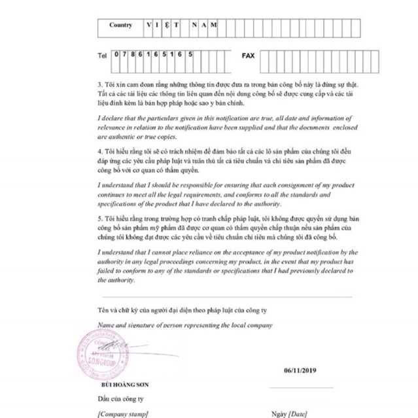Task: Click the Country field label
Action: pyautogui.click(x=120, y=26)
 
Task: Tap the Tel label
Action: pyautogui.click(x=101, y=56)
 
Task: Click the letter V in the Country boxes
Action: pyautogui.click(x=149, y=26)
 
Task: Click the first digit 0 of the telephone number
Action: pyautogui.click(x=116, y=56)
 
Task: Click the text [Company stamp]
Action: pyautogui.click(x=122, y=413)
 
